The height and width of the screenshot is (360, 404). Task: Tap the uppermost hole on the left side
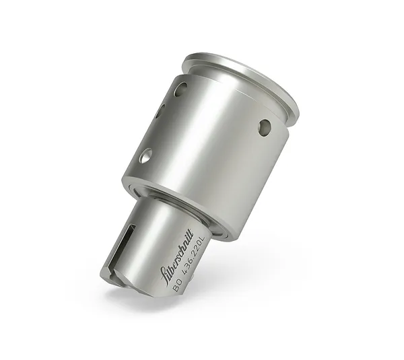(180, 89)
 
